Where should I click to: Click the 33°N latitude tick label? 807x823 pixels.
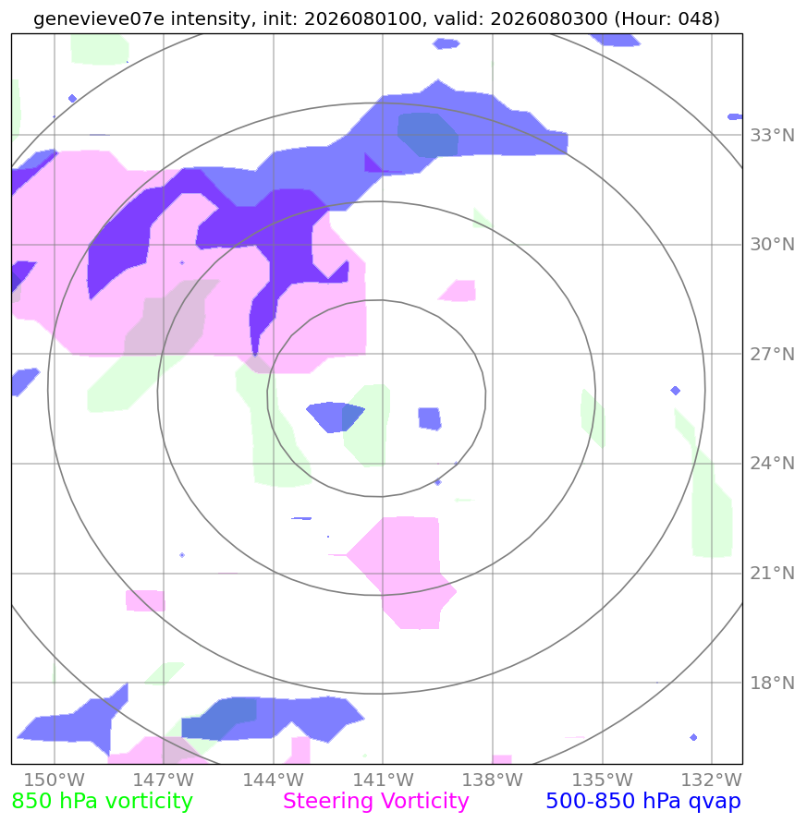point(772,136)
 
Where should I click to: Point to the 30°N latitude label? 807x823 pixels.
point(772,245)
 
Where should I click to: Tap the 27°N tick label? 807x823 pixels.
point(772,355)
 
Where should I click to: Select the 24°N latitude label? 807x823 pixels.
point(772,464)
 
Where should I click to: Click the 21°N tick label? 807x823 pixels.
point(772,574)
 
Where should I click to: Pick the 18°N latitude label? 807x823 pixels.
point(772,683)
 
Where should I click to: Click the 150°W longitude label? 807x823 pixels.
point(55,780)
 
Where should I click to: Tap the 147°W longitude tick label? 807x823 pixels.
point(164,780)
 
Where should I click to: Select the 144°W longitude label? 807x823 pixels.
point(274,780)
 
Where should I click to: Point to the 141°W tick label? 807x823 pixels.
point(383,780)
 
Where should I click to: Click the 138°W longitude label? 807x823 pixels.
point(493,780)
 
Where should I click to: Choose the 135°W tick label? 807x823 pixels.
point(602,780)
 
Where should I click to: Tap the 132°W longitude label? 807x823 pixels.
point(712,780)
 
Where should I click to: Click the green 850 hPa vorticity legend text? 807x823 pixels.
point(102,802)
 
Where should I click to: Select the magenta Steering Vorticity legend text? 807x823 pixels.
point(375,802)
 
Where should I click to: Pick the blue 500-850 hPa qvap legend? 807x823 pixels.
point(643,802)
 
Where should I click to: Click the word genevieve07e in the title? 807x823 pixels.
point(99,18)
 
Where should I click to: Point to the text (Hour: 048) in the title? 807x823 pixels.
point(666,18)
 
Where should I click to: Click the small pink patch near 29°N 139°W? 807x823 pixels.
point(459,291)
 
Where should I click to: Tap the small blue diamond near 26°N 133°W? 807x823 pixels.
point(676,391)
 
